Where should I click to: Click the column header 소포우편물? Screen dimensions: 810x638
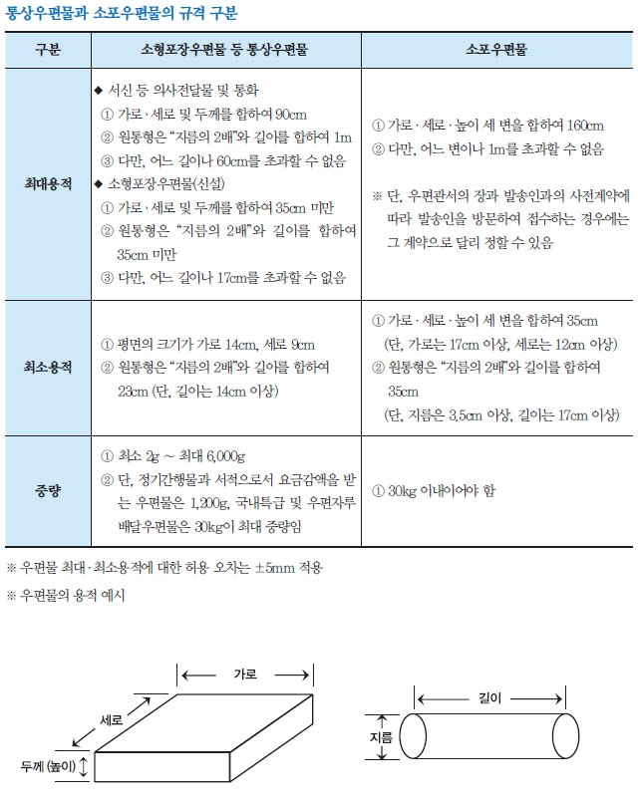point(496,49)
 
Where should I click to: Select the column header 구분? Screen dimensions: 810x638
point(47,49)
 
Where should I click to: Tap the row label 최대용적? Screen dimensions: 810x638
point(47,184)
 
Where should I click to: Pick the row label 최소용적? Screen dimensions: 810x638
point(47,369)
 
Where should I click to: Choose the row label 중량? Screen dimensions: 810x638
point(47,491)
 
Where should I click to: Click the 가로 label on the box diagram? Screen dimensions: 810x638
point(244,675)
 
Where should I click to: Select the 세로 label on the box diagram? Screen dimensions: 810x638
point(113,718)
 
